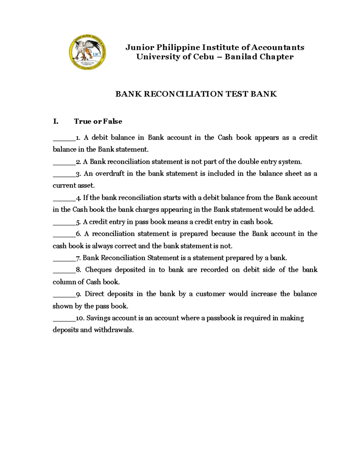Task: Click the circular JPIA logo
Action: pyautogui.click(x=87, y=53)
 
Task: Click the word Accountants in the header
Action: pyautogui.click(x=277, y=47)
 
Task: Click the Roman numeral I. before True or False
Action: pyautogui.click(x=55, y=122)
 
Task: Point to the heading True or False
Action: pyautogui.click(x=98, y=122)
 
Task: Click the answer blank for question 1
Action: pyautogui.click(x=64, y=138)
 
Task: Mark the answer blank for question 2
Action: pyautogui.click(x=64, y=162)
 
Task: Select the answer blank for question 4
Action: pyautogui.click(x=64, y=198)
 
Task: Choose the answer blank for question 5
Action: pyautogui.click(x=64, y=223)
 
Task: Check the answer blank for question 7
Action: pyautogui.click(x=64, y=259)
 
